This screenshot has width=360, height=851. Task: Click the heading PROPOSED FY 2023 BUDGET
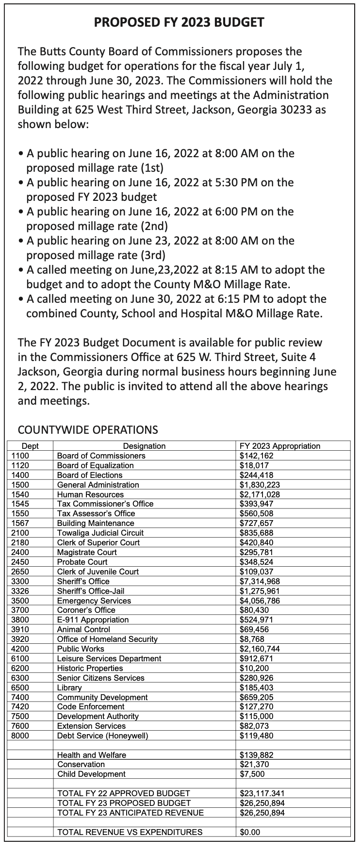tap(179, 22)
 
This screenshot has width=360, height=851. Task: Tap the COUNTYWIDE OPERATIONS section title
tap(87, 429)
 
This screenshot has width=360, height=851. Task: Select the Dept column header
tap(30, 446)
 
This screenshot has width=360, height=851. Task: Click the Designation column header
tap(144, 446)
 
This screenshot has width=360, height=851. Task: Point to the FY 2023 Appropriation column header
tap(280, 446)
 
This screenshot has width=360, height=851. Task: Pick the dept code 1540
tap(20, 494)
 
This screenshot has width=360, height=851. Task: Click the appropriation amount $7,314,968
tap(260, 581)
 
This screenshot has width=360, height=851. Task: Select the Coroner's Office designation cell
tap(86, 610)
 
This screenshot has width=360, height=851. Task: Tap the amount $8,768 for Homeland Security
tap(252, 639)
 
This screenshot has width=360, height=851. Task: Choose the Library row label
tap(69, 687)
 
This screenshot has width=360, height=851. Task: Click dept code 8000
tap(20, 736)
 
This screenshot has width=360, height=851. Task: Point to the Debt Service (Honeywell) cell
tap(102, 736)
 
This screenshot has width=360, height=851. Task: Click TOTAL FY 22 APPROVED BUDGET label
tap(123, 793)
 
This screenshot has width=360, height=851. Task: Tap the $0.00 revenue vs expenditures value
tap(250, 832)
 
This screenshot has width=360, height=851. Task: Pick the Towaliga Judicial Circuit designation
tap(100, 533)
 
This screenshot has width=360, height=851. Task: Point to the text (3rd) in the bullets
tap(153, 255)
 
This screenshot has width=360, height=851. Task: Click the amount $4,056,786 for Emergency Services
tap(260, 601)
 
